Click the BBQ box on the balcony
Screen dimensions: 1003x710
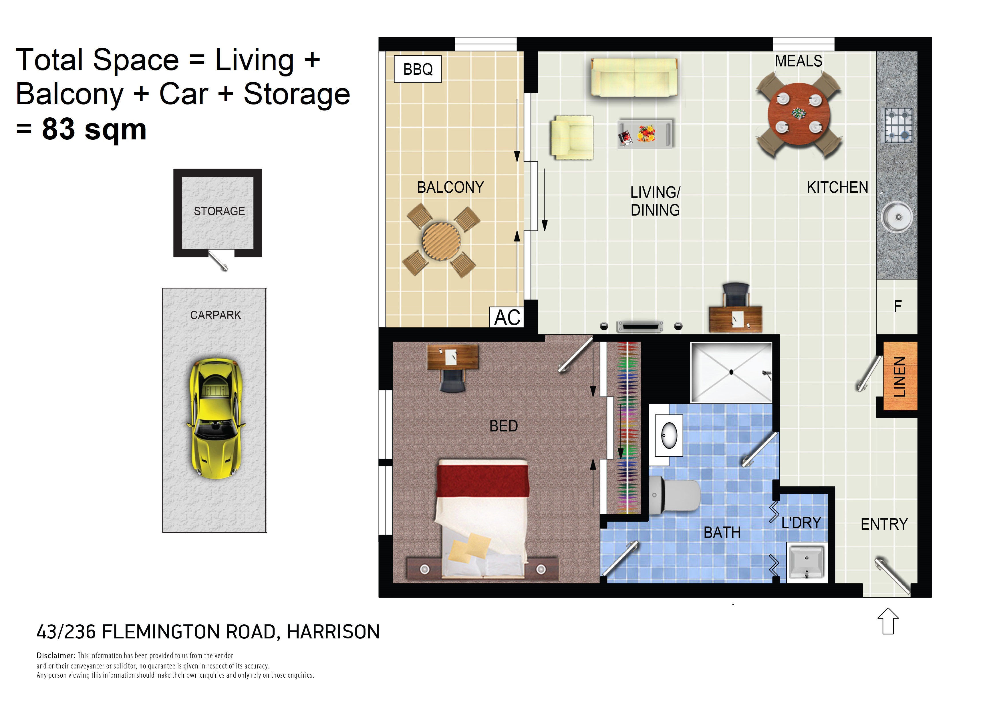click(418, 69)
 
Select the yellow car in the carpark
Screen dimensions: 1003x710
click(216, 418)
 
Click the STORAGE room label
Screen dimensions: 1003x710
click(219, 211)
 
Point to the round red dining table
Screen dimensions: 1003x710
click(799, 114)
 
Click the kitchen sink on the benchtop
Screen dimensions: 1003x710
click(897, 217)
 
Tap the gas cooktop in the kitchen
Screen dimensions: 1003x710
click(899, 125)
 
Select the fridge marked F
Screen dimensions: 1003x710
click(897, 306)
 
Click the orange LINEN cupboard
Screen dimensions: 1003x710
click(900, 376)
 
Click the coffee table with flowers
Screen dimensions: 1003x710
click(645, 134)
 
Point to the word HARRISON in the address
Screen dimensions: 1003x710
click(333, 632)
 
